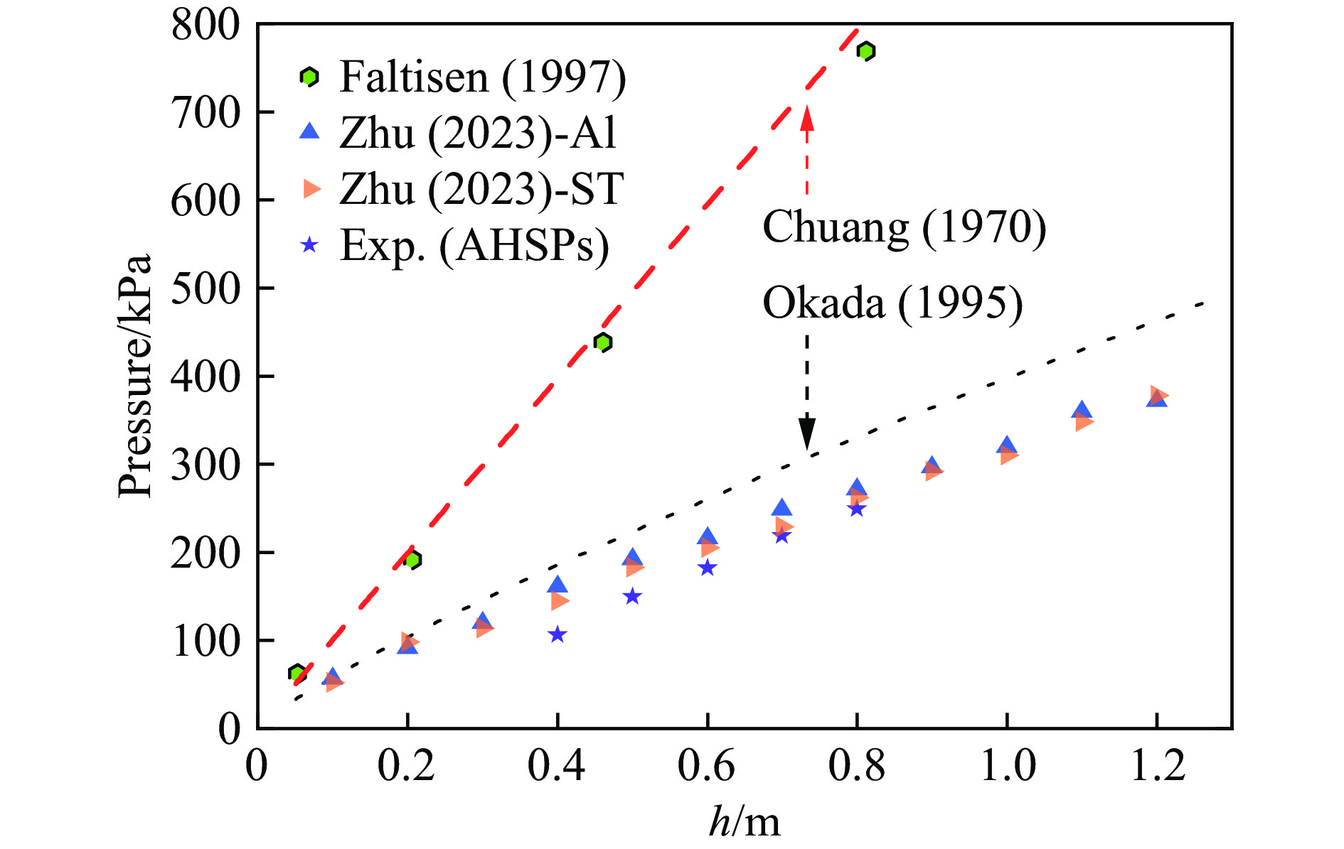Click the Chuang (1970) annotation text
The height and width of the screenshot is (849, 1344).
coord(904,227)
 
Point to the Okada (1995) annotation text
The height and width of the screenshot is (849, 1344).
coord(892,303)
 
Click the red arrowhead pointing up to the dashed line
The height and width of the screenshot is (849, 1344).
coord(806,117)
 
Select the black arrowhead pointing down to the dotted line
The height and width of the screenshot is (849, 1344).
coord(806,433)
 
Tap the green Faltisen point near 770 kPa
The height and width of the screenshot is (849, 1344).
coord(865,51)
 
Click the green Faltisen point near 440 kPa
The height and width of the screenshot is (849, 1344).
coord(603,342)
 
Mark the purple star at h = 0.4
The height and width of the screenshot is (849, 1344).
coord(558,634)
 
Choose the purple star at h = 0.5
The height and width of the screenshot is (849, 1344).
coord(632,596)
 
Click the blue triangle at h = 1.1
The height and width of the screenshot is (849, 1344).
coord(1082,410)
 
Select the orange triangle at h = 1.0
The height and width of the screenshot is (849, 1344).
coord(1008,455)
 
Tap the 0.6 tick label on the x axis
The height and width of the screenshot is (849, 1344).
coord(706,767)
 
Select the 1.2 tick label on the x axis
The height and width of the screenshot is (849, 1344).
coord(1157,767)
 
